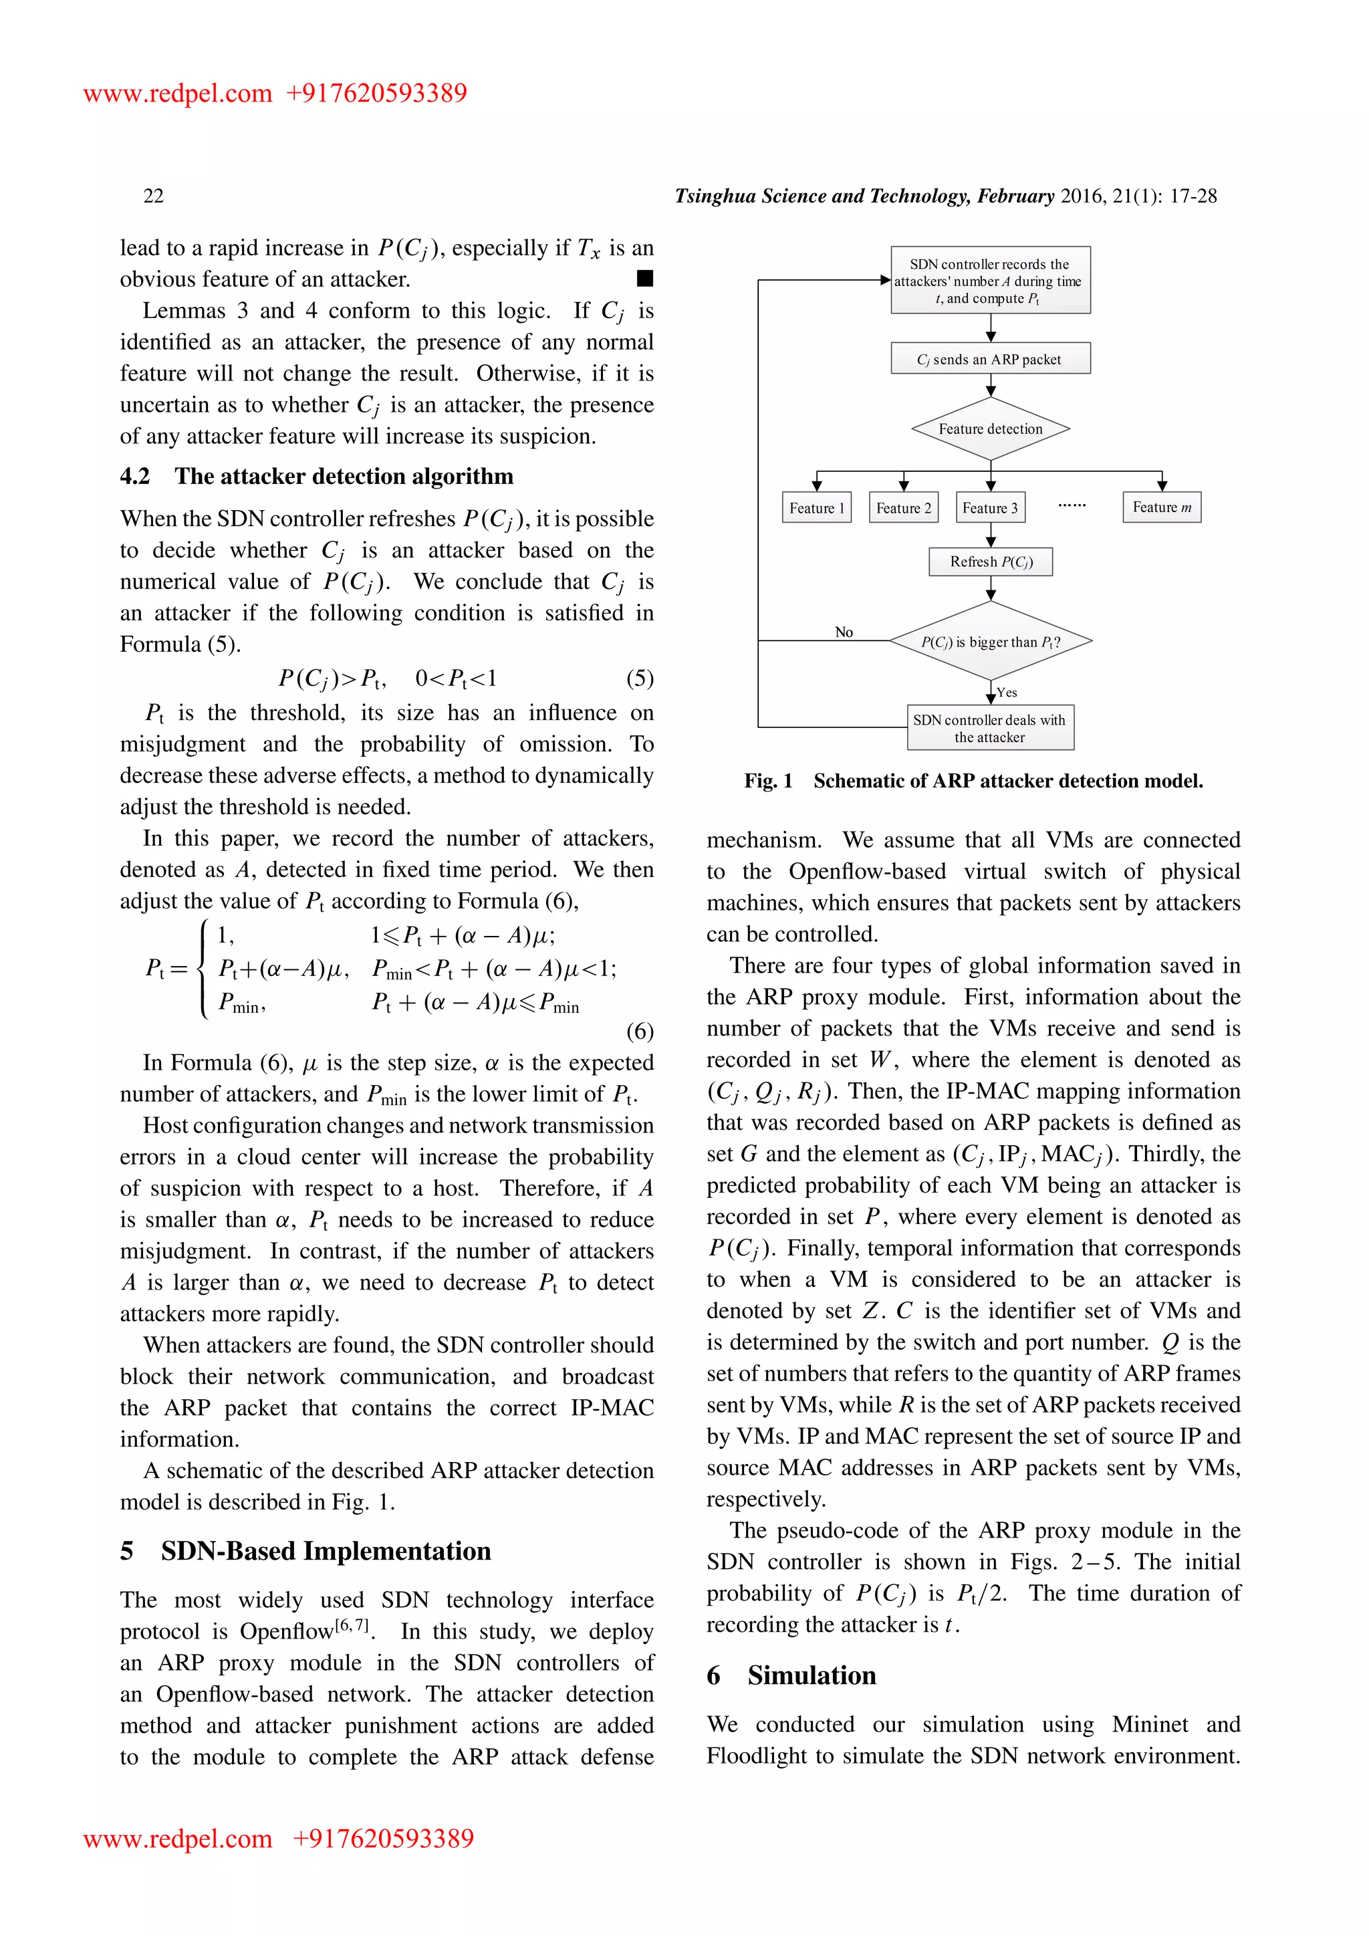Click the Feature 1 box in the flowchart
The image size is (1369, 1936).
[x=816, y=507]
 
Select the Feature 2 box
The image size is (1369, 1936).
[x=903, y=507]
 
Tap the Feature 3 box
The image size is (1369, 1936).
[x=991, y=507]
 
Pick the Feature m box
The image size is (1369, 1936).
[x=1161, y=507]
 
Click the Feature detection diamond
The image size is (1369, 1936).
[x=991, y=429]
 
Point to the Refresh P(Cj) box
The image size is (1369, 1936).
[x=991, y=562]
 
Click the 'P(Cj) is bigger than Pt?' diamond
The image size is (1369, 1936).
[x=991, y=642]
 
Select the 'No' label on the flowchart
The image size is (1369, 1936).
[x=843, y=632]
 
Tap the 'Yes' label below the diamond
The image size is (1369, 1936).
[x=1007, y=693]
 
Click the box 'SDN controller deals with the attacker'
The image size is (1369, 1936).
[x=990, y=728]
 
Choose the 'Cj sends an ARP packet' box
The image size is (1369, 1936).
[x=990, y=358]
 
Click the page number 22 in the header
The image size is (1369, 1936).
[x=154, y=196]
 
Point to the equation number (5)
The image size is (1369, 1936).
[x=639, y=678]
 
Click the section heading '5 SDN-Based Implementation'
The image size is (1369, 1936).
[x=306, y=1551]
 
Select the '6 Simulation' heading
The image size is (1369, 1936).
[x=791, y=1675]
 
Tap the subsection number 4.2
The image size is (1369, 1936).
[x=135, y=477]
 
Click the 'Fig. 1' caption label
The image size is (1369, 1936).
[x=767, y=781]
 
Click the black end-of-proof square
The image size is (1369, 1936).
[x=645, y=278]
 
